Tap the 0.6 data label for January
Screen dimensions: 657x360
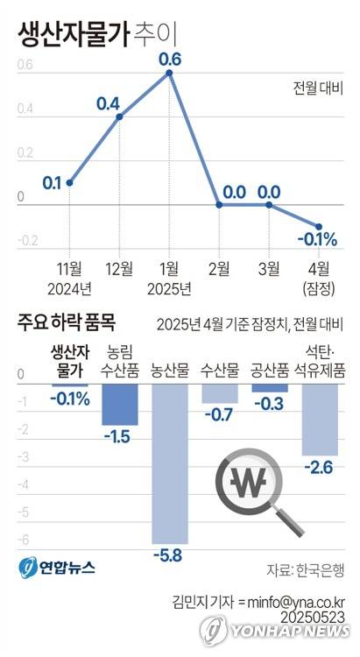(x=169, y=60)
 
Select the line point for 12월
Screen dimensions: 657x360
(x=119, y=117)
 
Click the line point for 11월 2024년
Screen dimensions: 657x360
(x=69, y=182)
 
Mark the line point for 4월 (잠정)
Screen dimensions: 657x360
(x=319, y=226)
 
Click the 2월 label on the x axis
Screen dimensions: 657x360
(x=219, y=267)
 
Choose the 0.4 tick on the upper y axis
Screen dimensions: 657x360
(x=24, y=110)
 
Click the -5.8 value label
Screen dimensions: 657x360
(x=169, y=555)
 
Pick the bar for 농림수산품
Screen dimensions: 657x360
(x=119, y=404)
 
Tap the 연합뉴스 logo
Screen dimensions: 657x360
(x=57, y=568)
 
